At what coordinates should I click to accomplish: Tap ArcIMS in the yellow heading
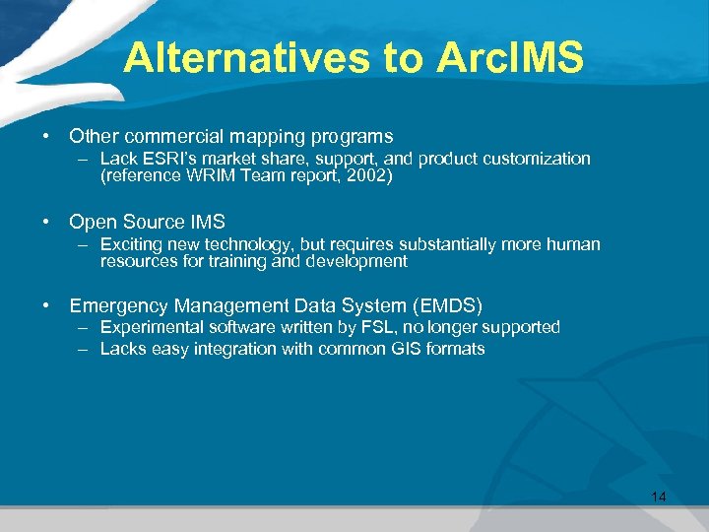coord(504,58)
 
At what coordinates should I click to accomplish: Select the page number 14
coord(658,496)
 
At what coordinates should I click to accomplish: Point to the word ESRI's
coord(171,159)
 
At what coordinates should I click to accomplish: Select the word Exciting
coord(133,244)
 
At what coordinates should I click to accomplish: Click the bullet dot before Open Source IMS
coord(46,223)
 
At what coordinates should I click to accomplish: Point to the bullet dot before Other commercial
coord(46,137)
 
